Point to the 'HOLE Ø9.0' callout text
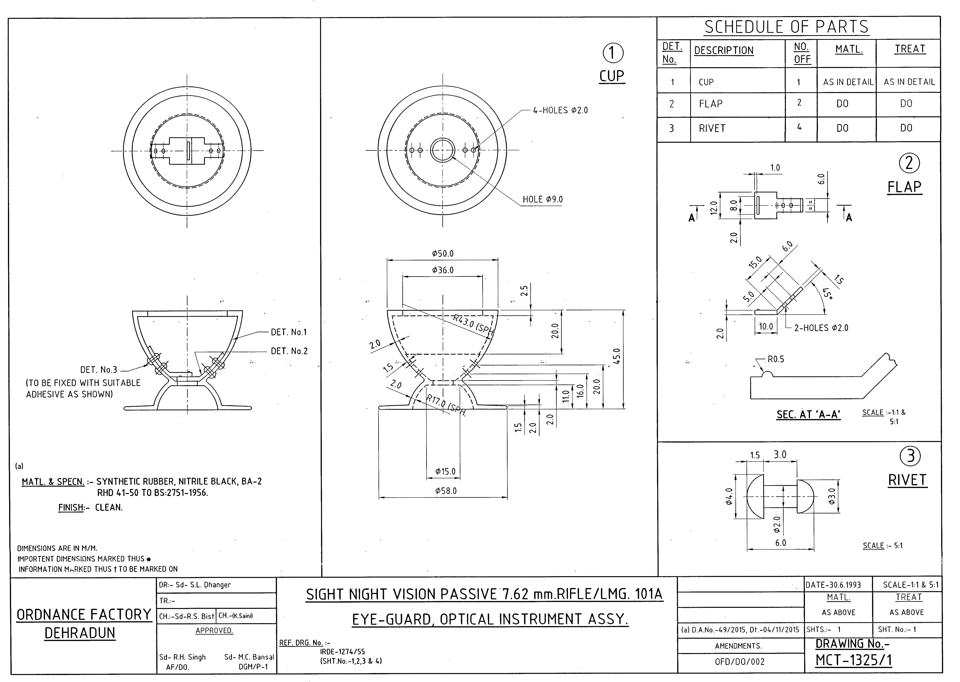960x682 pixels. pyautogui.click(x=542, y=199)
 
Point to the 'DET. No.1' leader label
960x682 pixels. pyautogui.click(x=289, y=332)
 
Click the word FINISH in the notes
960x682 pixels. pyautogui.click(x=70, y=507)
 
